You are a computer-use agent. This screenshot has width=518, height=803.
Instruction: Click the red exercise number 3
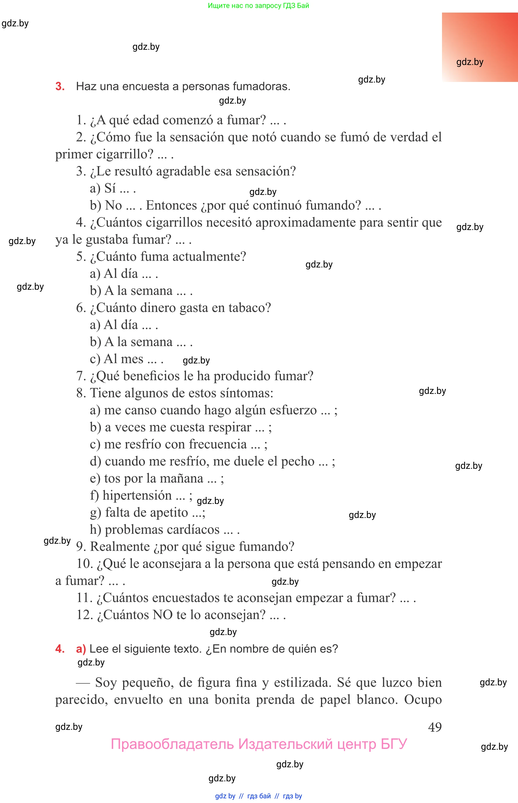click(x=60, y=86)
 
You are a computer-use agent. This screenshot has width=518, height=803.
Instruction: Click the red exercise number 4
click(x=60, y=648)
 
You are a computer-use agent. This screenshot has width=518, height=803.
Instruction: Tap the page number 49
click(x=435, y=727)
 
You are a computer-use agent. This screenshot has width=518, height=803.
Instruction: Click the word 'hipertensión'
click(x=137, y=495)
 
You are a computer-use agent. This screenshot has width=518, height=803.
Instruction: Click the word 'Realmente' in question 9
click(x=120, y=546)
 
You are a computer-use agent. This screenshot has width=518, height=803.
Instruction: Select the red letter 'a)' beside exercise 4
click(x=81, y=648)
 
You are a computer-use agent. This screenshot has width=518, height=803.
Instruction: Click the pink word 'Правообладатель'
click(x=172, y=744)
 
